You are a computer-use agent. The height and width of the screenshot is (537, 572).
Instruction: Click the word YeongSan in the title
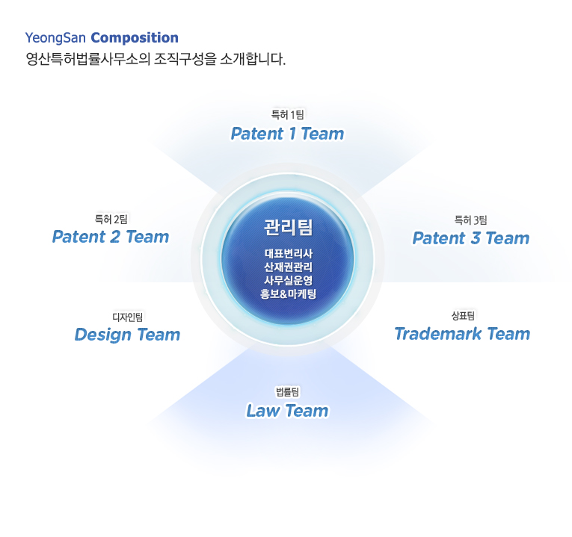pos(55,38)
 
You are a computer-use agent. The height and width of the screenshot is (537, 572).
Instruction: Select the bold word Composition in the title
pos(135,38)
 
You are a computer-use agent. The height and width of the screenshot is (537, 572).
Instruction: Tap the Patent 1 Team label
pos(287,134)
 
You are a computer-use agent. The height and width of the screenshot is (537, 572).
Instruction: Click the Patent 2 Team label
pos(111,237)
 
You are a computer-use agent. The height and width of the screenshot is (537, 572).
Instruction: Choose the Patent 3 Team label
pos(470,238)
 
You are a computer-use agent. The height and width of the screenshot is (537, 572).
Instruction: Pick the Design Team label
pos(127,335)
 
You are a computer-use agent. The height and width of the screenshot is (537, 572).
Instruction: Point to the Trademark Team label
pos(462,334)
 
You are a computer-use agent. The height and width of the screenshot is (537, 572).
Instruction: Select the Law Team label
pos(287,411)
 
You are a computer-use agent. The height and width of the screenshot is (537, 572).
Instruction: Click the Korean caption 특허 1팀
pos(287,115)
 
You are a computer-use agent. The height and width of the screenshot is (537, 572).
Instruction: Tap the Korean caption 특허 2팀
pos(111,220)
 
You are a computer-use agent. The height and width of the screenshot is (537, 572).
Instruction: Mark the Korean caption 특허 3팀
pos(470,220)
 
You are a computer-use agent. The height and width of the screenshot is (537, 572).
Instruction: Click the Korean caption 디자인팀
pos(127,317)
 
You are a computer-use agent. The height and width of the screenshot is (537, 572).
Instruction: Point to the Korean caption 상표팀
pos(463,315)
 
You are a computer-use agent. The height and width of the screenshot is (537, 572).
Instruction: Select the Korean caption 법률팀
pos(287,392)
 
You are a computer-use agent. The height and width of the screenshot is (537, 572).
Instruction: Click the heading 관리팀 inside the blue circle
pos(288,227)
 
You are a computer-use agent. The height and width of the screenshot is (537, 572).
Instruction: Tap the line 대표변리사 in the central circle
pos(288,254)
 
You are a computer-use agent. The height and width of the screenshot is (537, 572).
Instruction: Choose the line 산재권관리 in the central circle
pos(288,267)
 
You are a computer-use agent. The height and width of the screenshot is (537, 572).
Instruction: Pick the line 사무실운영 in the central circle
pos(288,280)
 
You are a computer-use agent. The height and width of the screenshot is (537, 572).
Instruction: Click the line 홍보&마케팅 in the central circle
pos(288,294)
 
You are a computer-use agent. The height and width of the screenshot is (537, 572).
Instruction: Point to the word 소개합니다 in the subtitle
pos(253,59)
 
